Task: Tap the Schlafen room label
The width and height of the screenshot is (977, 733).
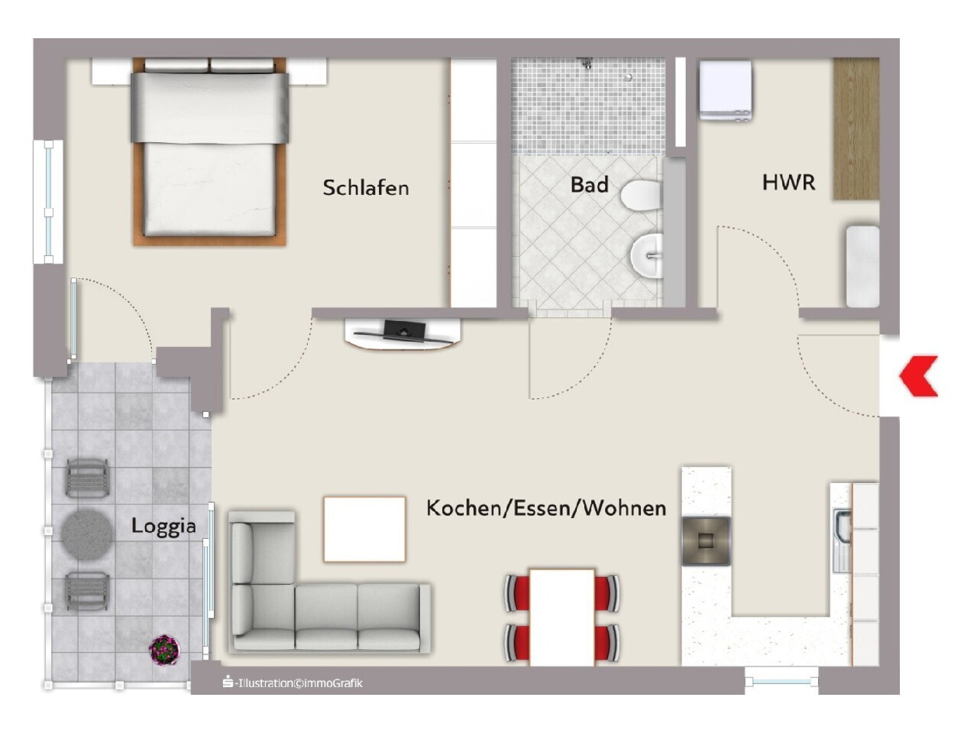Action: [365, 188]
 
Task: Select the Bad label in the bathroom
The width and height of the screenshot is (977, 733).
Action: [589, 185]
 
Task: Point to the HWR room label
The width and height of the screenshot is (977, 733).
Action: [789, 183]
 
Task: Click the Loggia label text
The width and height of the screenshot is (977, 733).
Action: [163, 527]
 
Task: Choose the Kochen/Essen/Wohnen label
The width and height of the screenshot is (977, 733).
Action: [546, 508]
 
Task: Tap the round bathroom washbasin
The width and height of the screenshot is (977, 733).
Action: [647, 255]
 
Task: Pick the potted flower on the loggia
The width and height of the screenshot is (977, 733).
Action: [164, 650]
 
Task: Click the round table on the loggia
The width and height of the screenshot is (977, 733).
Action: [87, 531]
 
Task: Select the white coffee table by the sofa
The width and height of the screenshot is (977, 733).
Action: [364, 530]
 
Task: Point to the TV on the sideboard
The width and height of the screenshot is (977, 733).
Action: [404, 328]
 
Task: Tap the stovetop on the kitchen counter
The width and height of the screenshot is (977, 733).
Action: [706, 541]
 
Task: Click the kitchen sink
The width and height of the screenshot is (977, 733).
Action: [843, 540]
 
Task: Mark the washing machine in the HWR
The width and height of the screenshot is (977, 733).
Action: [726, 91]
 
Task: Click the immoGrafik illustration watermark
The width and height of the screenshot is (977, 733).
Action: [293, 683]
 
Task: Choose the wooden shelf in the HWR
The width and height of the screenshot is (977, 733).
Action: [856, 129]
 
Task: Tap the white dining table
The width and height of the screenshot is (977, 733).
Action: [561, 618]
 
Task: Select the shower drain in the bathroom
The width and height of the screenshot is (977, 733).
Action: [628, 77]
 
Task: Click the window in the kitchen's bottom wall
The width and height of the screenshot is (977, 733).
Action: [781, 681]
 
